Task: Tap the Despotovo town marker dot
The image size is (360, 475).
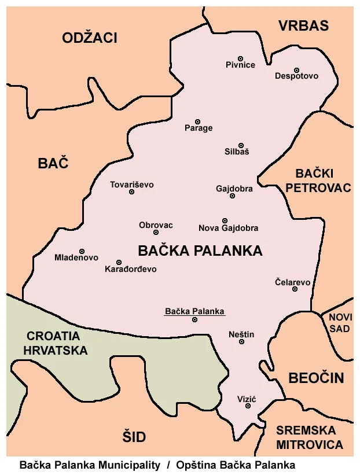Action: [x=296, y=70]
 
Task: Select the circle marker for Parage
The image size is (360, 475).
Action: [x=197, y=121]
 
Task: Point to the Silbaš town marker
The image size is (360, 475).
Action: [x=241, y=145]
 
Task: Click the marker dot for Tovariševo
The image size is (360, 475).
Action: [x=131, y=192]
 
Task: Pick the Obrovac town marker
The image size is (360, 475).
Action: [x=156, y=232]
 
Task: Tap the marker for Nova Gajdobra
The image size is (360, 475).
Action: [x=225, y=220]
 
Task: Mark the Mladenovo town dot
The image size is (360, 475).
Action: [x=82, y=251]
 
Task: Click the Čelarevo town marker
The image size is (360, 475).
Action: [x=295, y=289]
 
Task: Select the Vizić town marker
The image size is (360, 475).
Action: [x=248, y=406]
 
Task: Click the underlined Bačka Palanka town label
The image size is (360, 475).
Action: [x=194, y=311]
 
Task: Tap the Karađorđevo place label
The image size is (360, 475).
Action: [x=131, y=269]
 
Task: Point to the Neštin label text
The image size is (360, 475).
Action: [x=241, y=334]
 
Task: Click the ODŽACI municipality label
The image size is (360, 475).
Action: [x=90, y=38]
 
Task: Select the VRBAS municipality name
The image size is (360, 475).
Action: [x=303, y=25]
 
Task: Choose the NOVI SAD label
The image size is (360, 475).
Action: [x=340, y=323]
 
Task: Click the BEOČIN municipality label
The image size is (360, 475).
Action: [x=316, y=378]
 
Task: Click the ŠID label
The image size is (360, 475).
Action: [x=134, y=436]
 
